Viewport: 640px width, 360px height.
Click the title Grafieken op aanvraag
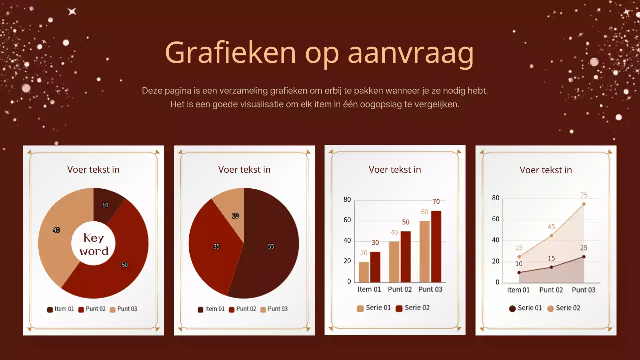pos(319,53)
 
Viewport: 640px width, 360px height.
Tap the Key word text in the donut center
pos(93,244)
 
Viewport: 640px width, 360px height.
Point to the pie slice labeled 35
pos(212,246)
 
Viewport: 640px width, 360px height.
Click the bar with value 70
pos(436,246)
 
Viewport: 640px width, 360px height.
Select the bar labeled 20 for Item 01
pos(364,272)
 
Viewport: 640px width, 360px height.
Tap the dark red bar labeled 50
pos(405,256)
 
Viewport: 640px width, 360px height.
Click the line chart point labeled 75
pos(584,204)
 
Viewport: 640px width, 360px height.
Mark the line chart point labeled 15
pos(551,267)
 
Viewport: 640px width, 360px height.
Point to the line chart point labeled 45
pos(551,235)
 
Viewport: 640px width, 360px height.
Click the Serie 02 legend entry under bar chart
pos(413,308)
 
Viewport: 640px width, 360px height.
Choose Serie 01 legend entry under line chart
pos(525,308)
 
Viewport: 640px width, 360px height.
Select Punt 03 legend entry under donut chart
pos(123,309)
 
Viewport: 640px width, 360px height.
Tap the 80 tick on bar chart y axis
pos(347,199)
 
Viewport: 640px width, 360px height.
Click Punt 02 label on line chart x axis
pos(551,290)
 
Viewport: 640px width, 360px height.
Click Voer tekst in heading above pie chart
pos(244,170)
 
